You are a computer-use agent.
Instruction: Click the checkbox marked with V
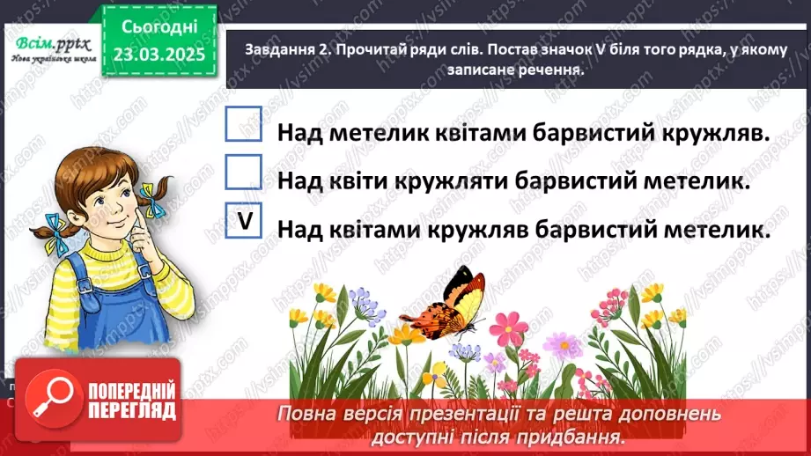point(244,222)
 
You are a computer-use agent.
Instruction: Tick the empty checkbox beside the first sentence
point(244,125)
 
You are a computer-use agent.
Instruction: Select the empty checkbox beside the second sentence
point(244,173)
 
